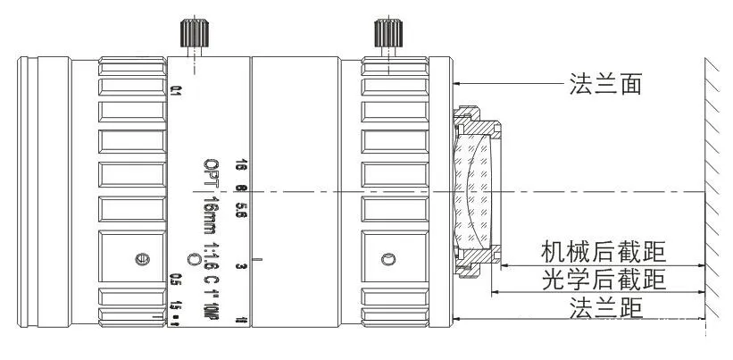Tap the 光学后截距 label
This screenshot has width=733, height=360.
(604, 280)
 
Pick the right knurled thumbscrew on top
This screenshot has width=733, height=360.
(387, 35)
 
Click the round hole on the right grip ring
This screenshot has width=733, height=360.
(387, 259)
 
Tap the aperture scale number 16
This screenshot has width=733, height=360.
(240, 165)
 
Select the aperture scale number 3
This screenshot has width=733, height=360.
(240, 265)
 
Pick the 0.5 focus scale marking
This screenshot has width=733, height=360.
(176, 280)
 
